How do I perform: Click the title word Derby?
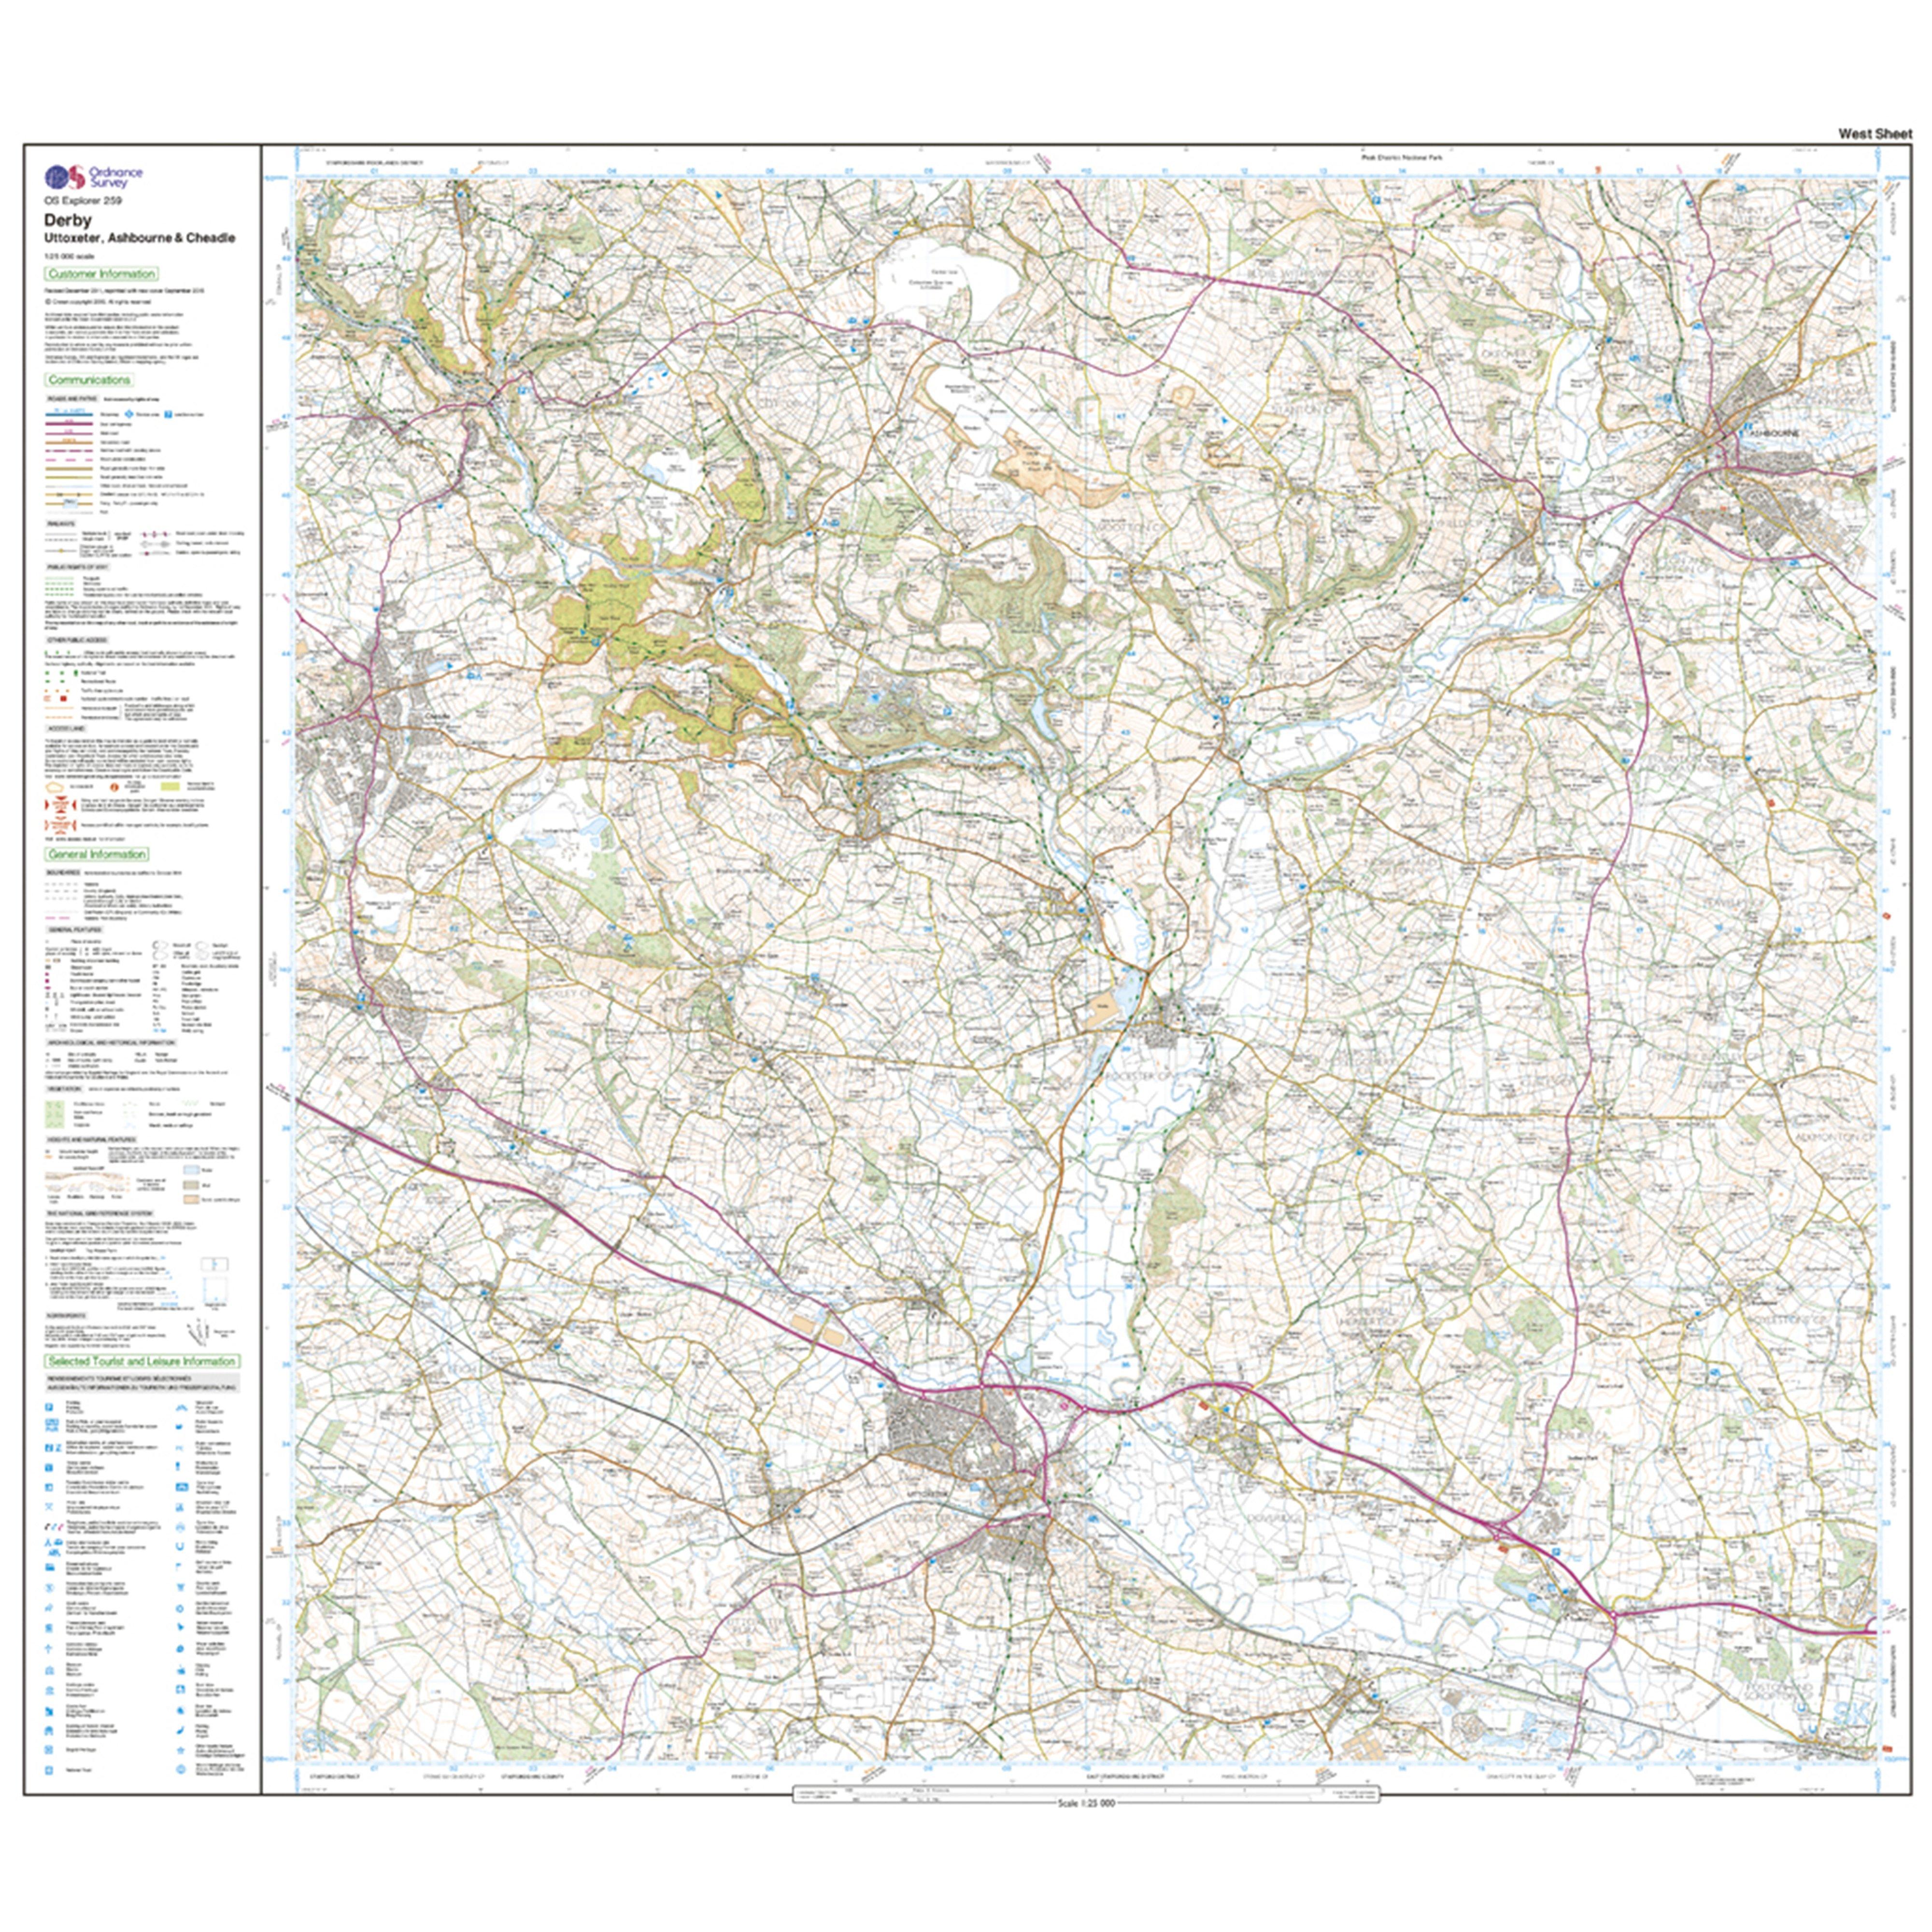click(68, 220)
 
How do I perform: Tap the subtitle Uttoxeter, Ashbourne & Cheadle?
click(139, 238)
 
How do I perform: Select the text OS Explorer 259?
click(82, 201)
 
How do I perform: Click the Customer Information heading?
click(101, 273)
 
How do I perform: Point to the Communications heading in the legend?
click(89, 380)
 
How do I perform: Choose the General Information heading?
click(97, 854)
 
